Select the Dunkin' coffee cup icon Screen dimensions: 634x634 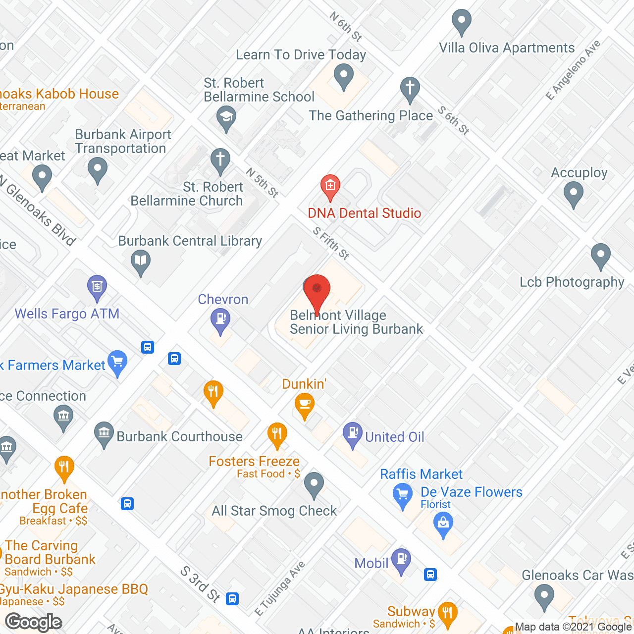click(x=304, y=405)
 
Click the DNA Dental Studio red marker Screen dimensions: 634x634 click(x=330, y=187)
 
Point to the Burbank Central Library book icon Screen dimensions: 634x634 click(x=141, y=261)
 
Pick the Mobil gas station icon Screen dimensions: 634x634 click(x=401, y=560)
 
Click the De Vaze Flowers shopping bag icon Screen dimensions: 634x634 click(x=443, y=524)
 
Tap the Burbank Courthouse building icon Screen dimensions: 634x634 click(x=104, y=434)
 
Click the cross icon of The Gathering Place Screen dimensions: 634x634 click(x=410, y=89)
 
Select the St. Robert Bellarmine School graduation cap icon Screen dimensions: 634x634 click(x=226, y=118)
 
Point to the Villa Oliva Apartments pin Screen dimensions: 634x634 click(x=462, y=21)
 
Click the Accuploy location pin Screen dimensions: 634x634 click(x=573, y=193)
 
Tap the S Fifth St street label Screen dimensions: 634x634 click(x=331, y=243)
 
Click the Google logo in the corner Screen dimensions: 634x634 click(x=34, y=622)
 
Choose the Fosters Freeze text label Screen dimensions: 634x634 click(x=254, y=461)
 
